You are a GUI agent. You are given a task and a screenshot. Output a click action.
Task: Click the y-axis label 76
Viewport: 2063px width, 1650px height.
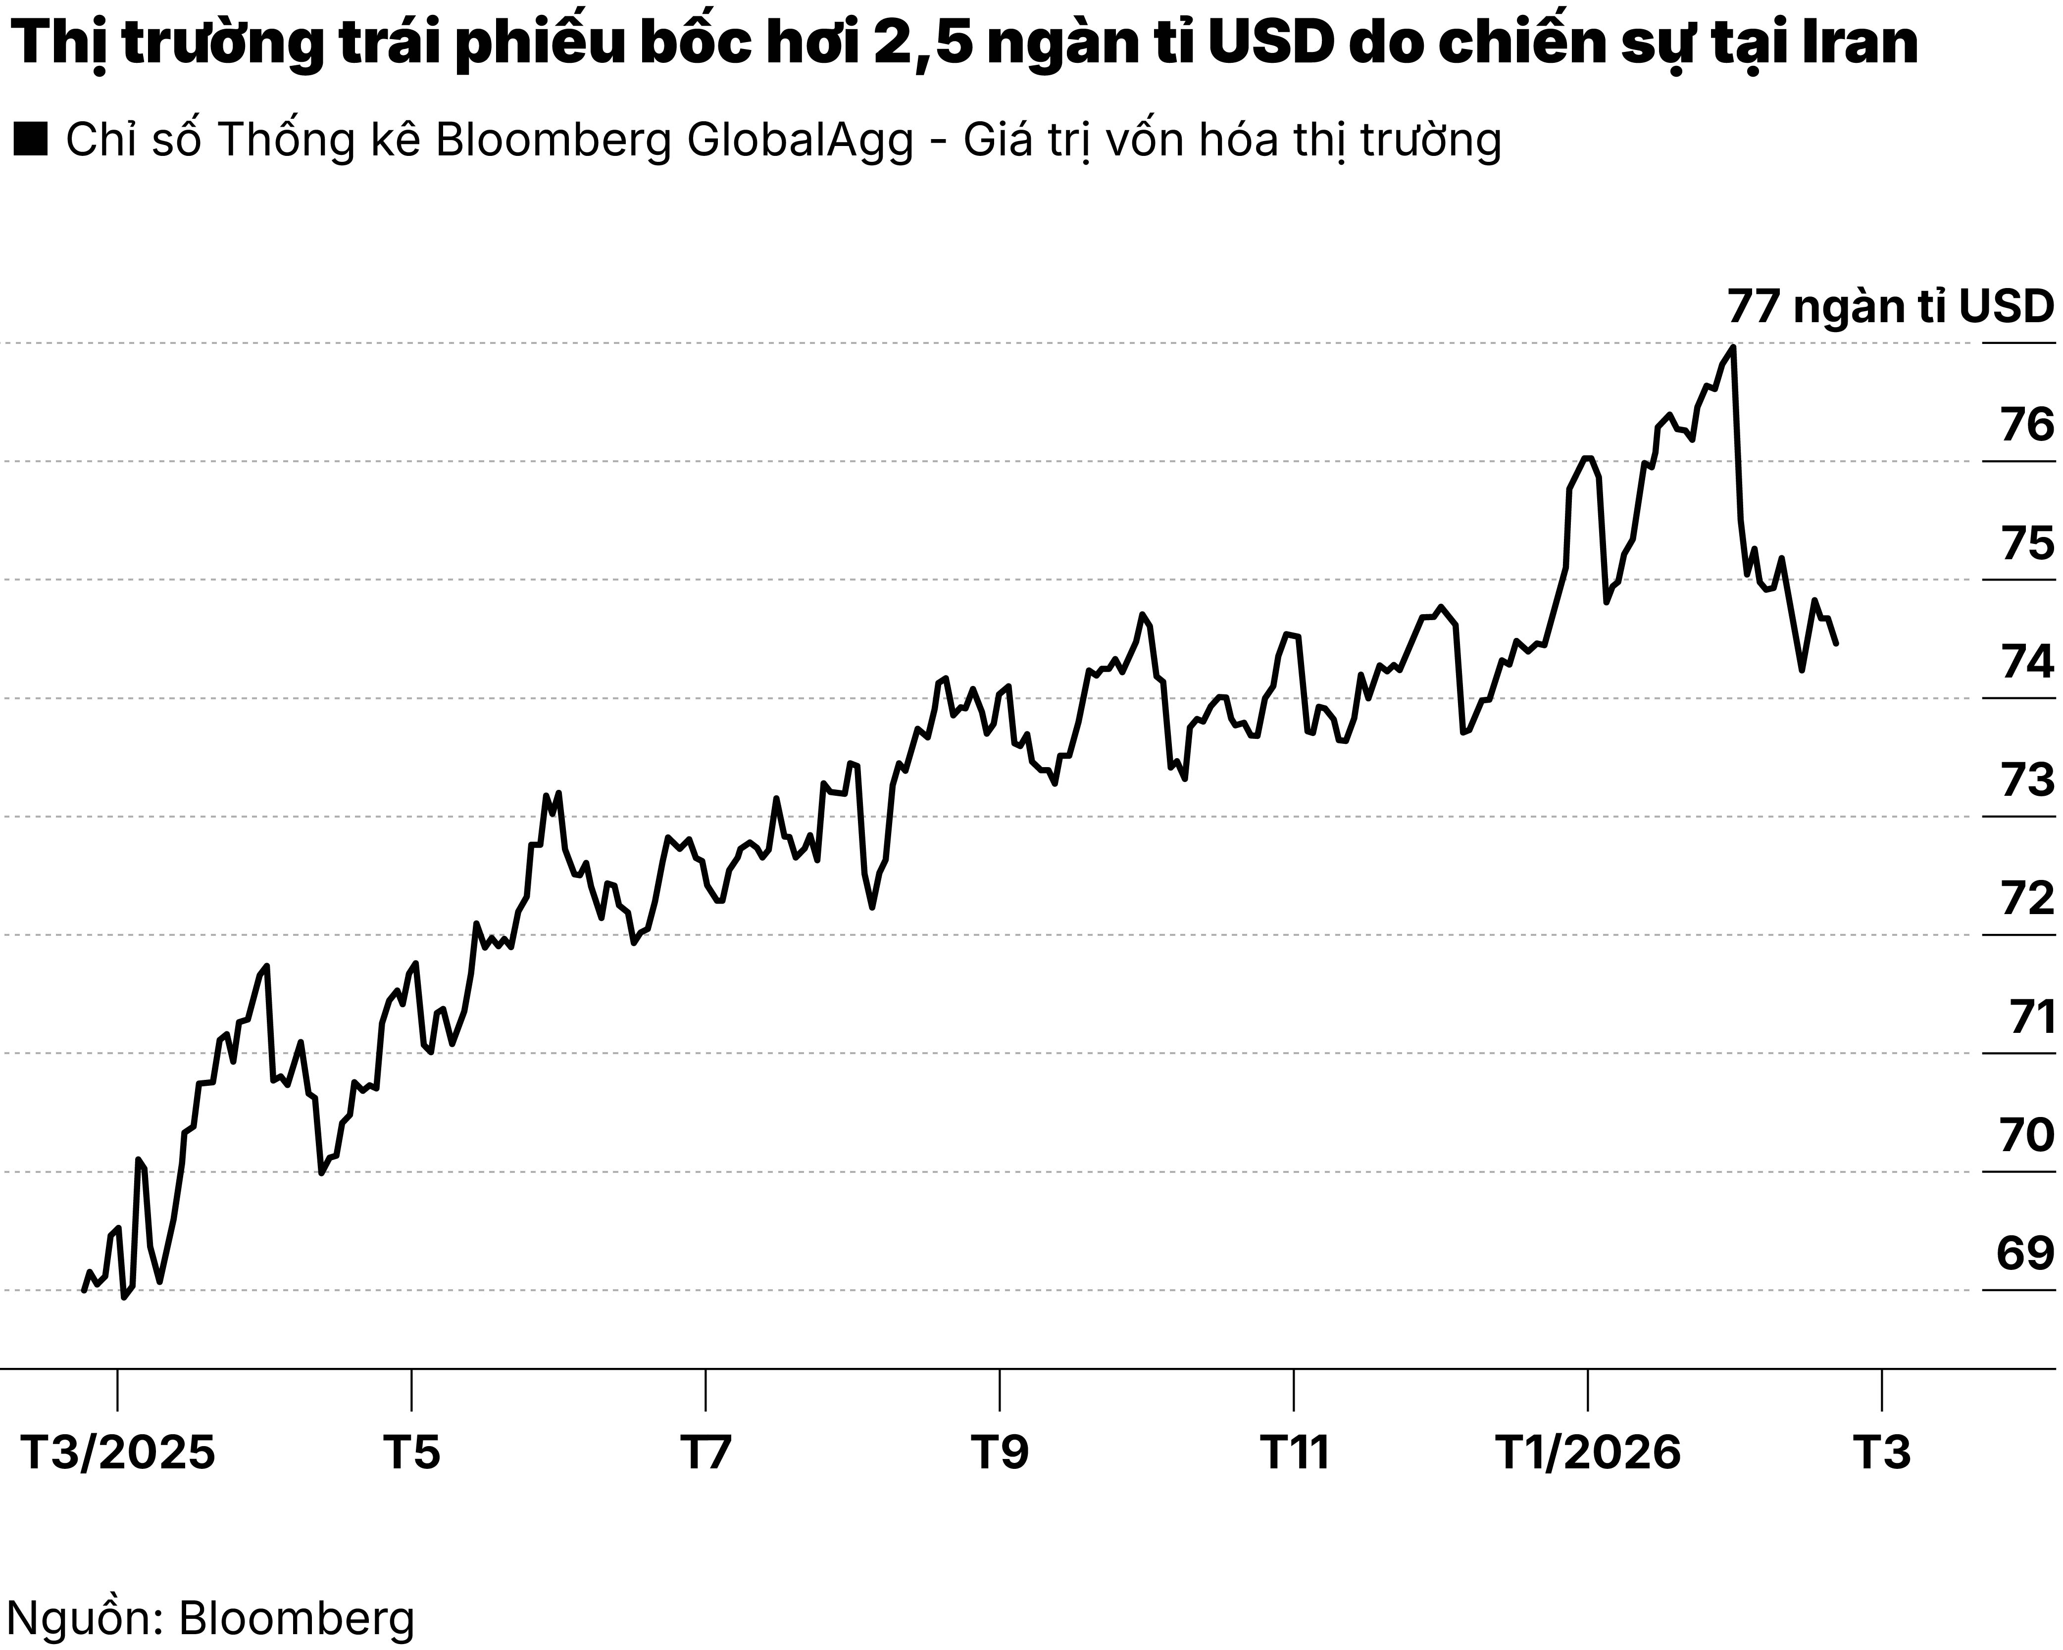click(2027, 425)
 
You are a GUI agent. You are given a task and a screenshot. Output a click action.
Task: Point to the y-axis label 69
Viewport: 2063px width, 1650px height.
click(2025, 1254)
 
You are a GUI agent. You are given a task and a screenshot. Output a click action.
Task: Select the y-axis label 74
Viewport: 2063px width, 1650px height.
click(2027, 661)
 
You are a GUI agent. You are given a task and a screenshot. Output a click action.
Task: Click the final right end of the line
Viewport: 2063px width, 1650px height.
click(1835, 644)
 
